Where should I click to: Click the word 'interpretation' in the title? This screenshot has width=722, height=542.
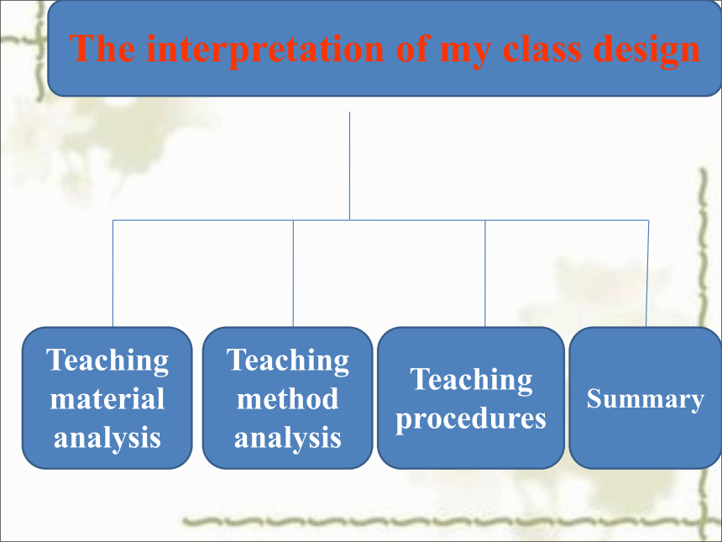[x=264, y=50]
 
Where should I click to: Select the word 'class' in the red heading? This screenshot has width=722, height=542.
[x=542, y=49]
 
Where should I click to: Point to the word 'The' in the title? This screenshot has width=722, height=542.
[x=102, y=49]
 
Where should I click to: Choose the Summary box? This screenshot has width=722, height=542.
[x=645, y=397]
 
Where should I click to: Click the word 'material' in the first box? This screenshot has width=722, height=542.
[x=107, y=398]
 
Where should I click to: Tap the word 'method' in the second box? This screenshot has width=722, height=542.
[x=287, y=398]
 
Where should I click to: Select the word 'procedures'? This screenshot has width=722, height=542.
[x=471, y=419]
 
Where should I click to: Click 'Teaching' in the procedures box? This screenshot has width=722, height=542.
[x=471, y=379]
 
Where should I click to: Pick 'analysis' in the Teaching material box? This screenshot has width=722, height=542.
[x=107, y=438]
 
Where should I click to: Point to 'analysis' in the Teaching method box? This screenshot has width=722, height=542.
[x=287, y=438]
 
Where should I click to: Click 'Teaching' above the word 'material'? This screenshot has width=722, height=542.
[x=107, y=360]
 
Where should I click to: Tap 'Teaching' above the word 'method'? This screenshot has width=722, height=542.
[x=287, y=360]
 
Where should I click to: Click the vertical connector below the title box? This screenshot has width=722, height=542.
[x=349, y=166]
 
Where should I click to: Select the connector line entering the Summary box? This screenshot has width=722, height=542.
[x=647, y=273]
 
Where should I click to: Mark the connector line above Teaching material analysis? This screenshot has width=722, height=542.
[x=112, y=273]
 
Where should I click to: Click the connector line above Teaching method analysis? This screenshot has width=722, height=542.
[x=293, y=273]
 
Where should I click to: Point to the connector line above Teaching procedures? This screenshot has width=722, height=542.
[x=485, y=273]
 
